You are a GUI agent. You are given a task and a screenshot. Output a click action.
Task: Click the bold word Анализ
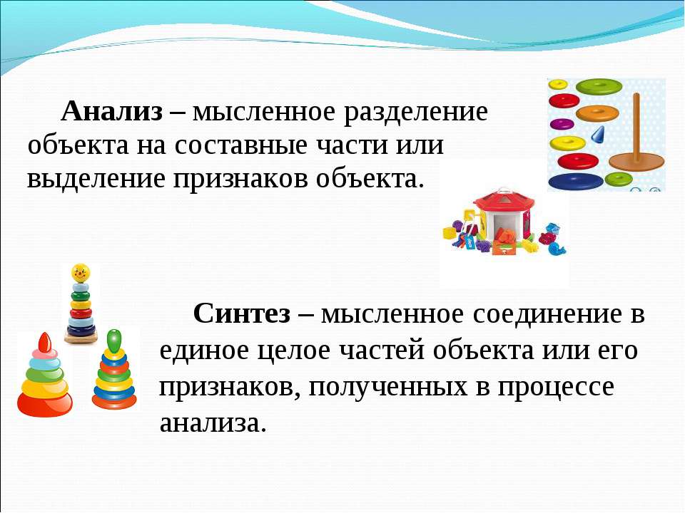(112, 111)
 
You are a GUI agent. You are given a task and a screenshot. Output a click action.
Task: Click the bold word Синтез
(242, 313)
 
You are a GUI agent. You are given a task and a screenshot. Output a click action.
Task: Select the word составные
(241, 145)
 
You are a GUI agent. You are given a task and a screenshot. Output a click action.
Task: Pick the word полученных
(387, 386)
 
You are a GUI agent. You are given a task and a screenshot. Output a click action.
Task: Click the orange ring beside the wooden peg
(598, 113)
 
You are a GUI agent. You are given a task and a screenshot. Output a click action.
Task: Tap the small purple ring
(562, 124)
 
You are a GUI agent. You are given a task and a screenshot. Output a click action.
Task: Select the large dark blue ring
(575, 181)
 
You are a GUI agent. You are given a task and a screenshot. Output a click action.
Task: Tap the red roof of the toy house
(504, 200)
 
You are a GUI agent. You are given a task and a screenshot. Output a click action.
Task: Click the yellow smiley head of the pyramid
(81, 273)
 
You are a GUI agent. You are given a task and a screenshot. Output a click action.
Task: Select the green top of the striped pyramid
(114, 341)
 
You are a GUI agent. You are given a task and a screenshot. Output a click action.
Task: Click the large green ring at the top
(599, 86)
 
